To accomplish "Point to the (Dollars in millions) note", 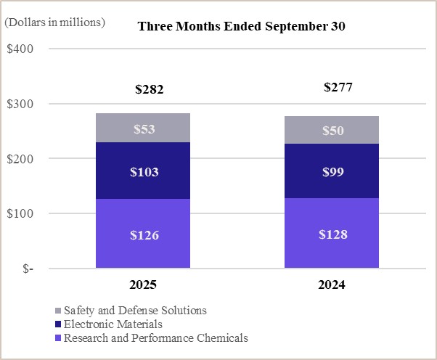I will pyautogui.click(x=54, y=22).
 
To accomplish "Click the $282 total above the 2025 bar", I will pyautogui.click(x=150, y=91).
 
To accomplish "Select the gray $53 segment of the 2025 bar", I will pyautogui.click(x=143, y=128).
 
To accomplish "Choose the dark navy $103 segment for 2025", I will pyautogui.click(x=143, y=172).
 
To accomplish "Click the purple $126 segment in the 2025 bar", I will pyautogui.click(x=143, y=234).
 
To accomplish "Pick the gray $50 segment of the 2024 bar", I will pyautogui.click(x=332, y=130).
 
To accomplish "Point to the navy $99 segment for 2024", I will pyautogui.click(x=332, y=171).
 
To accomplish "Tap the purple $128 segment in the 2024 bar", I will pyautogui.click(x=332, y=234).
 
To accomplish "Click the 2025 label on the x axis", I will pyautogui.click(x=143, y=285).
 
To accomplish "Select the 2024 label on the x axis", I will pyautogui.click(x=332, y=285).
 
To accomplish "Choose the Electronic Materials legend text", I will pyautogui.click(x=113, y=324).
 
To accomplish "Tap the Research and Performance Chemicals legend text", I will pyautogui.click(x=155, y=337).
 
